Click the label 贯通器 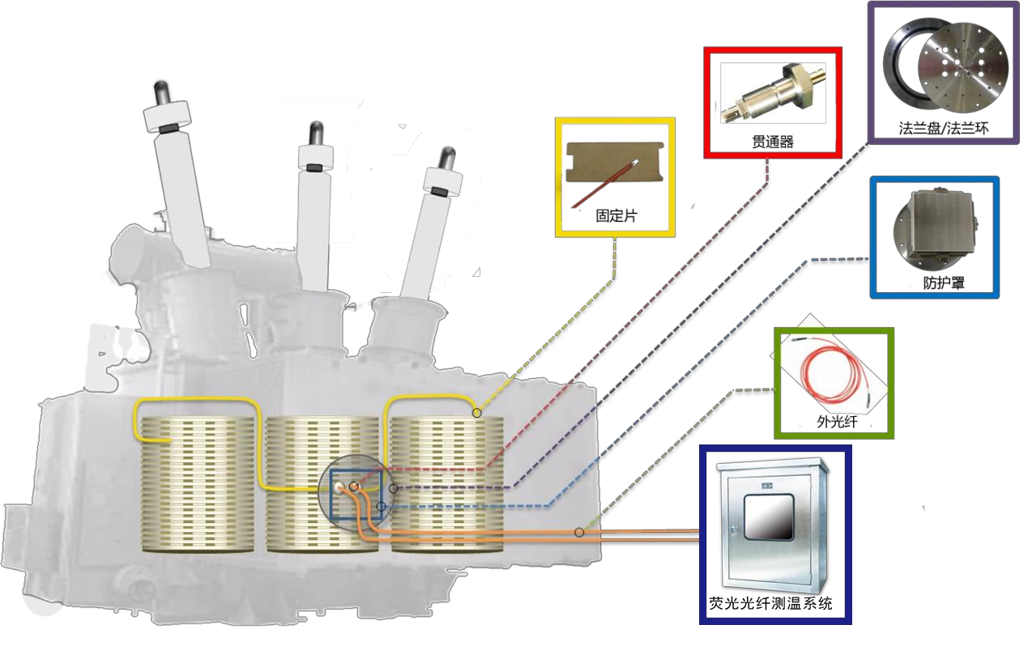tap(772, 142)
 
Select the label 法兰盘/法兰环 tap(944, 129)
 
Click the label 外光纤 tap(834, 422)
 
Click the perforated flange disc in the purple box tap(961, 72)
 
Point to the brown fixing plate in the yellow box tap(614, 174)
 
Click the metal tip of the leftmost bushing tap(160, 88)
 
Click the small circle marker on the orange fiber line tap(579, 532)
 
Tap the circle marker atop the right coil tap(476, 414)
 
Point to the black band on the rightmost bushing tap(439, 191)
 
